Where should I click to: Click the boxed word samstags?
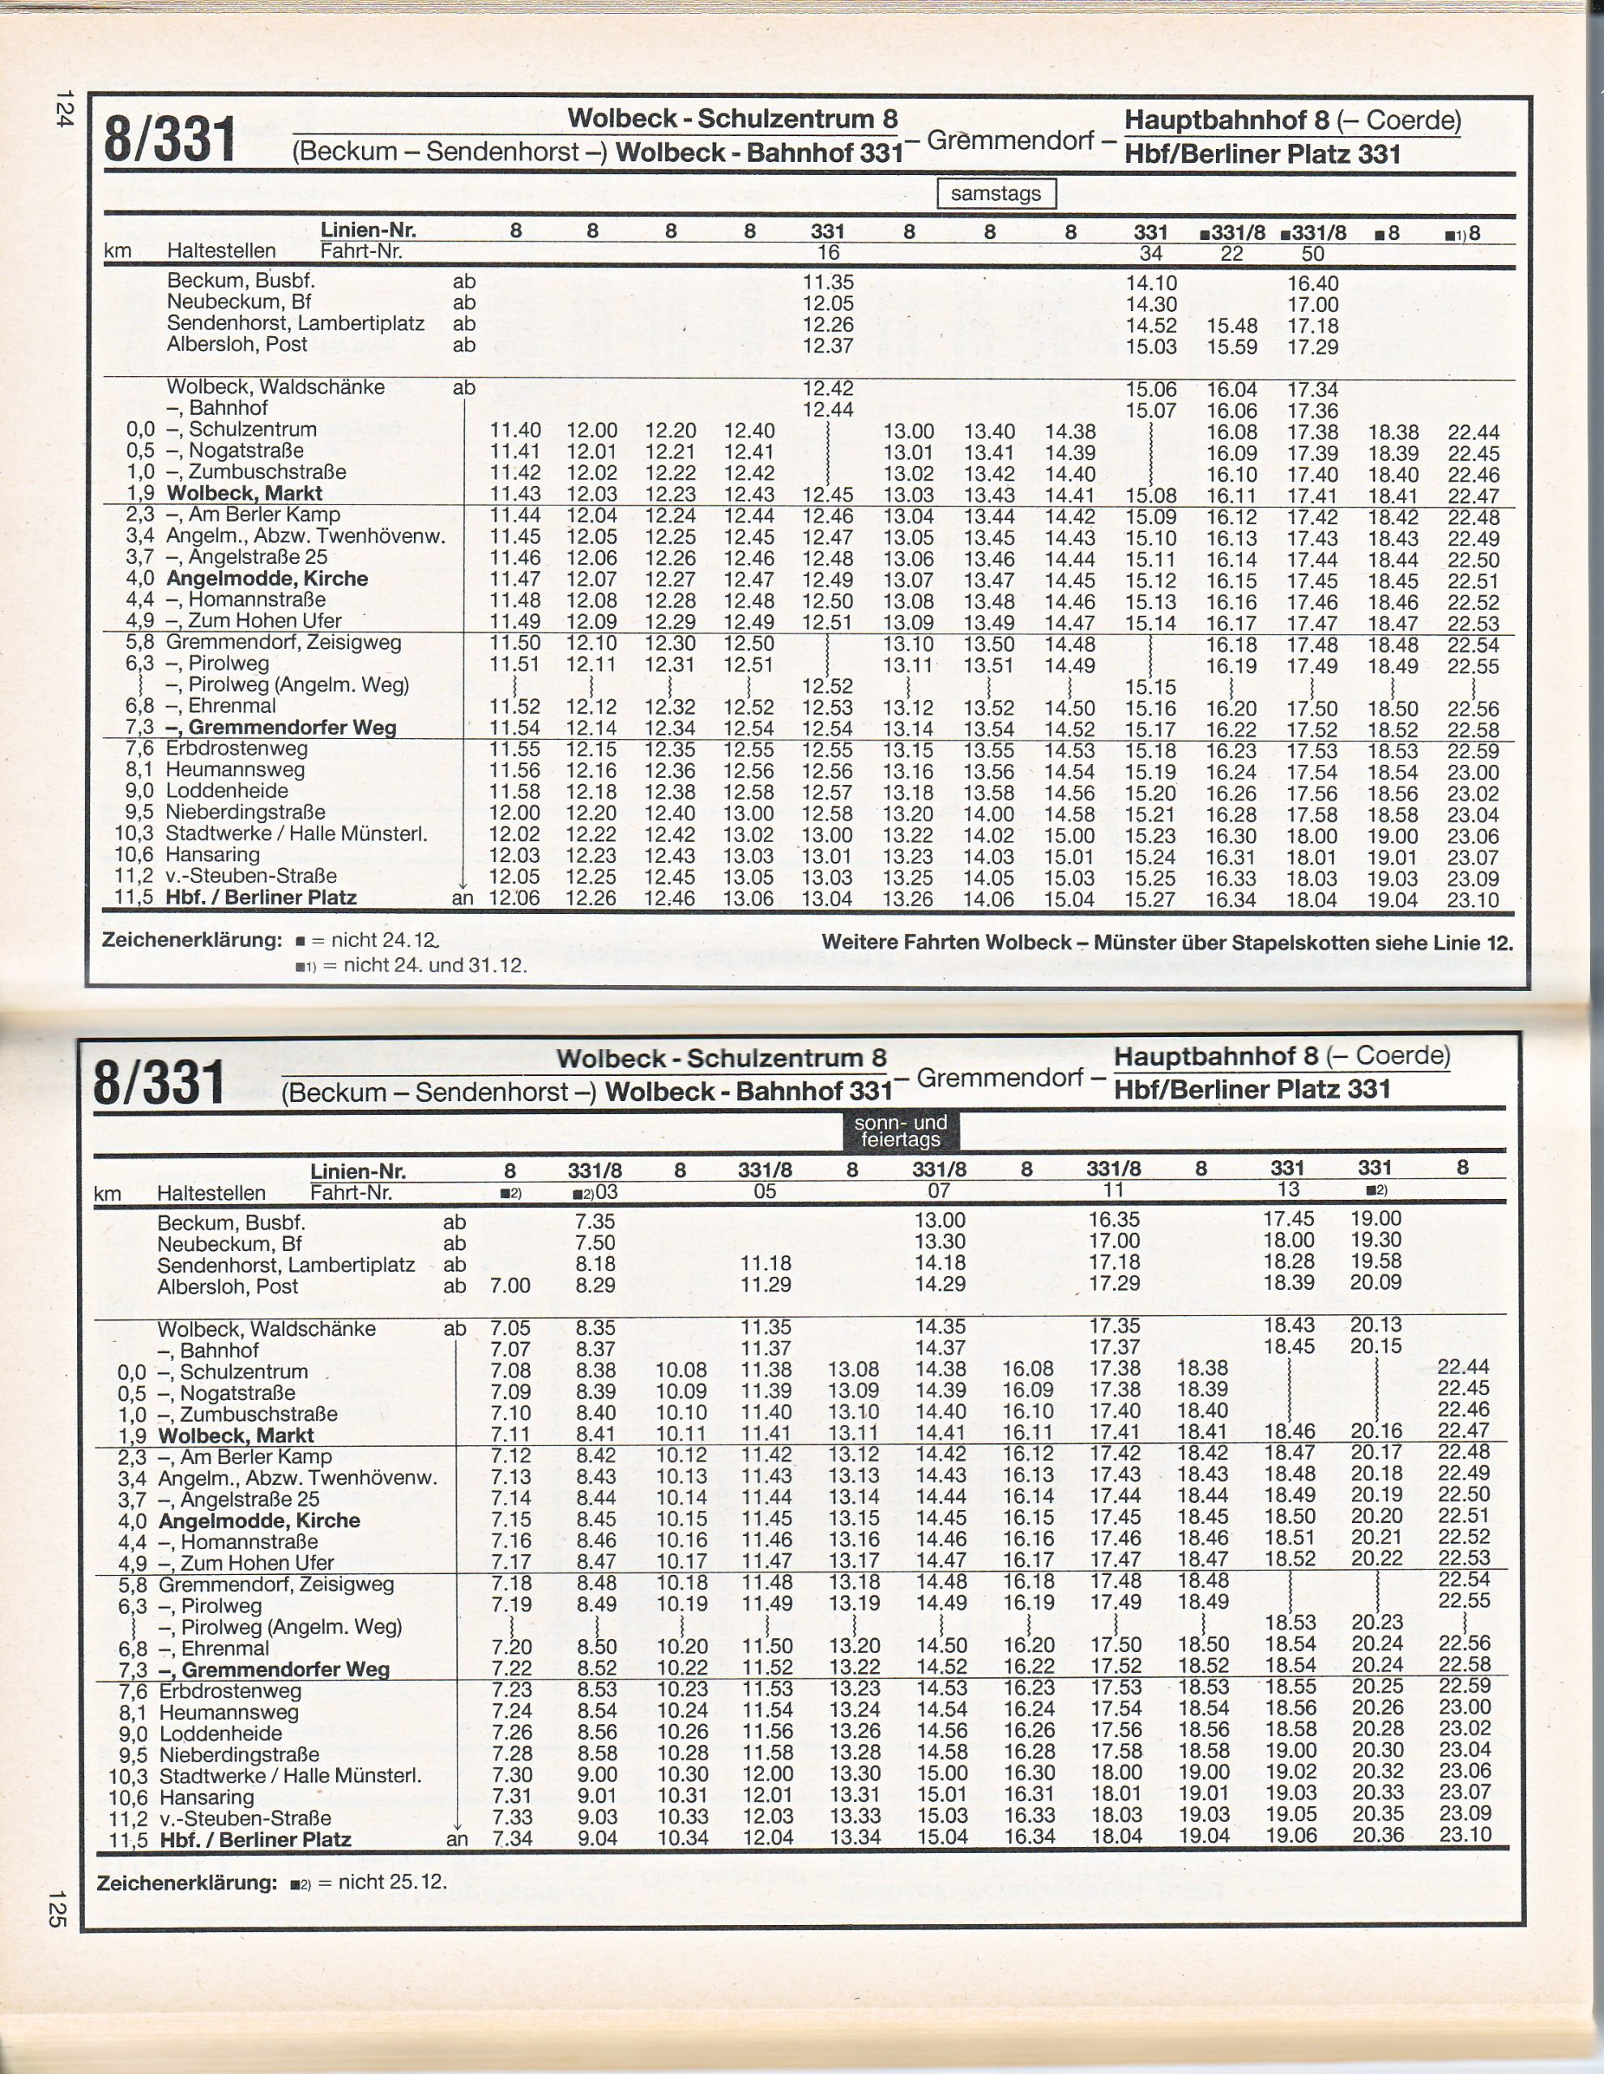click(996, 194)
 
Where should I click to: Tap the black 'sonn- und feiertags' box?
click(900, 1131)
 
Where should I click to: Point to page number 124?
click(64, 109)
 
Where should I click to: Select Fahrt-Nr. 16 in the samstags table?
click(828, 253)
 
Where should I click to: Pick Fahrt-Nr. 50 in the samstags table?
click(1312, 254)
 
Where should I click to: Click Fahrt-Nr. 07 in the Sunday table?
click(939, 1191)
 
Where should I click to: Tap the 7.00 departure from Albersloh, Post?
click(511, 1286)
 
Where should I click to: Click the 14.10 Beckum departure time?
click(1151, 283)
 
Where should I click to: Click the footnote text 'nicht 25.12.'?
click(392, 1881)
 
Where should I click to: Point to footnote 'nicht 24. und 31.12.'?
click(435, 966)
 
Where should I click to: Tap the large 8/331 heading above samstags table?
click(170, 139)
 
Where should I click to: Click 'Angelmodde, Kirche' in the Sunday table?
click(259, 1521)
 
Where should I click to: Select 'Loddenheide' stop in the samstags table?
click(227, 791)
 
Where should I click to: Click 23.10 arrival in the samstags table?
click(1473, 898)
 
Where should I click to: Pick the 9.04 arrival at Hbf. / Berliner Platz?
click(596, 1838)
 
